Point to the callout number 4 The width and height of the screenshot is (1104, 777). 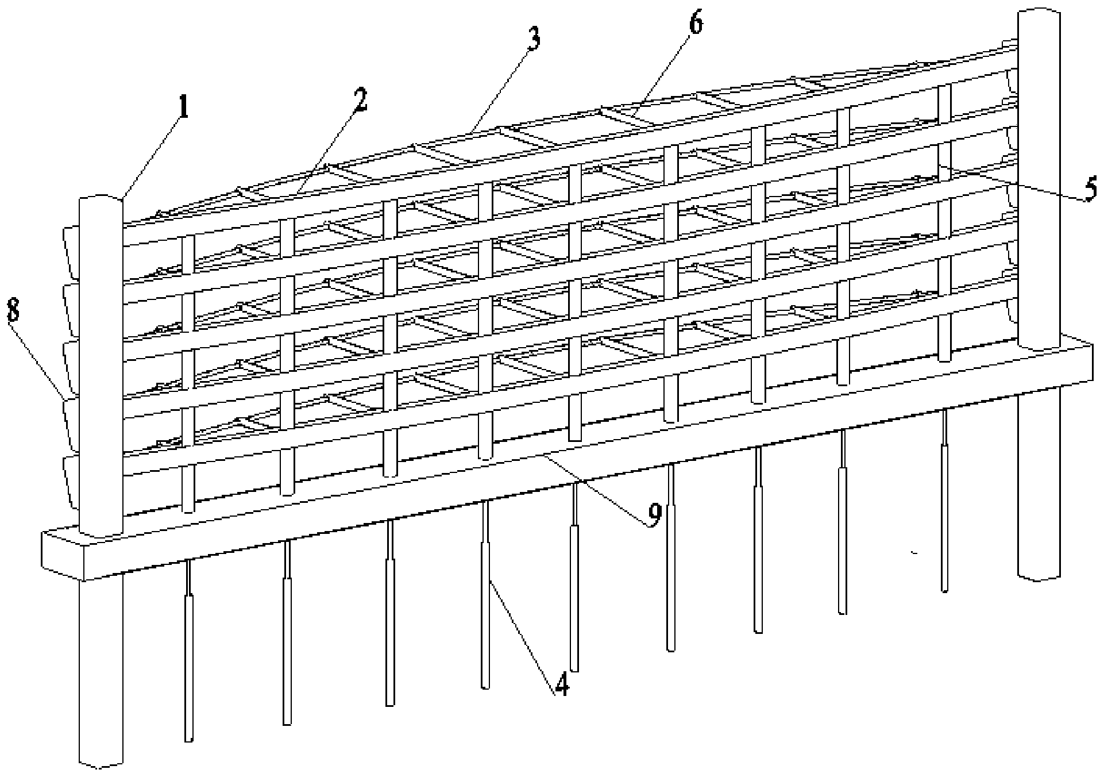coord(560,684)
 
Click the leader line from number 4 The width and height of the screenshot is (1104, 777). coord(523,632)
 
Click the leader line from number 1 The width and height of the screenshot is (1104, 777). coord(152,155)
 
